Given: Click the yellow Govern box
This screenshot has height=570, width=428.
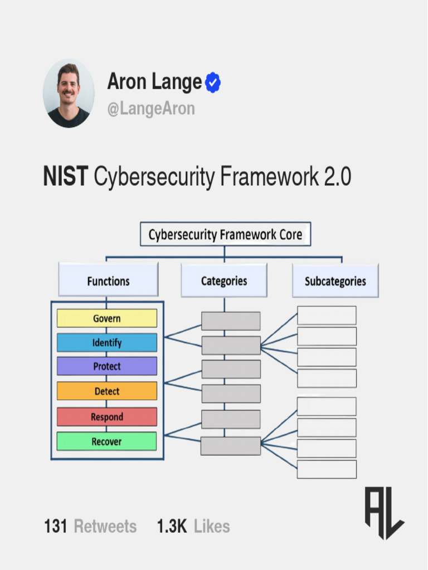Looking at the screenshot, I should click(106, 318).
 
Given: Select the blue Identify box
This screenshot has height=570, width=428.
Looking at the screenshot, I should click(106, 342).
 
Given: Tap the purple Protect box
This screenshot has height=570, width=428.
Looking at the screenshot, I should click(106, 366).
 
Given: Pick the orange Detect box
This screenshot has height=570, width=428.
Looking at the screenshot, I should click(106, 391).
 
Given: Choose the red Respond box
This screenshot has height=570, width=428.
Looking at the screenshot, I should click(106, 417).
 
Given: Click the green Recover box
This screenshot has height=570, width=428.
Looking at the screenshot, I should click(106, 441).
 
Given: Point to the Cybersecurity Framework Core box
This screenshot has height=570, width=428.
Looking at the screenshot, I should click(225, 234).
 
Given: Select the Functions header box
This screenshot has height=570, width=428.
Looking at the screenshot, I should click(108, 281).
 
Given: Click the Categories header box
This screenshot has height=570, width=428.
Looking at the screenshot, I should click(224, 281).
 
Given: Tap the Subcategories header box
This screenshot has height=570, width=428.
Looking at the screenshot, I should click(335, 281).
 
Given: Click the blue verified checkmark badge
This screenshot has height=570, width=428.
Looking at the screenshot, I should click(213, 83).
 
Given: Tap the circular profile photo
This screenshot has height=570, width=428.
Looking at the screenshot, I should click(69, 94).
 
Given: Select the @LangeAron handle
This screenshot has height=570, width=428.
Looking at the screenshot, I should click(151, 109).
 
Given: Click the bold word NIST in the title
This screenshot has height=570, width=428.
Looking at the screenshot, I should click(65, 178).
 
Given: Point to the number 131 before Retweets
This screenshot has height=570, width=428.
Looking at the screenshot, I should click(56, 526).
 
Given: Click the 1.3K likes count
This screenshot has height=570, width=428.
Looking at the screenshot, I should click(172, 526).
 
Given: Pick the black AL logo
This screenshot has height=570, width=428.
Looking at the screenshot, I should click(384, 513).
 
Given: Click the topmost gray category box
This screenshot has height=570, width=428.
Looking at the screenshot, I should click(231, 321).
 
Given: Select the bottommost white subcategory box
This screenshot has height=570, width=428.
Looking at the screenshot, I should click(327, 469).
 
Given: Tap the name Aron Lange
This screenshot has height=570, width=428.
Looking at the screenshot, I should click(154, 82).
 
